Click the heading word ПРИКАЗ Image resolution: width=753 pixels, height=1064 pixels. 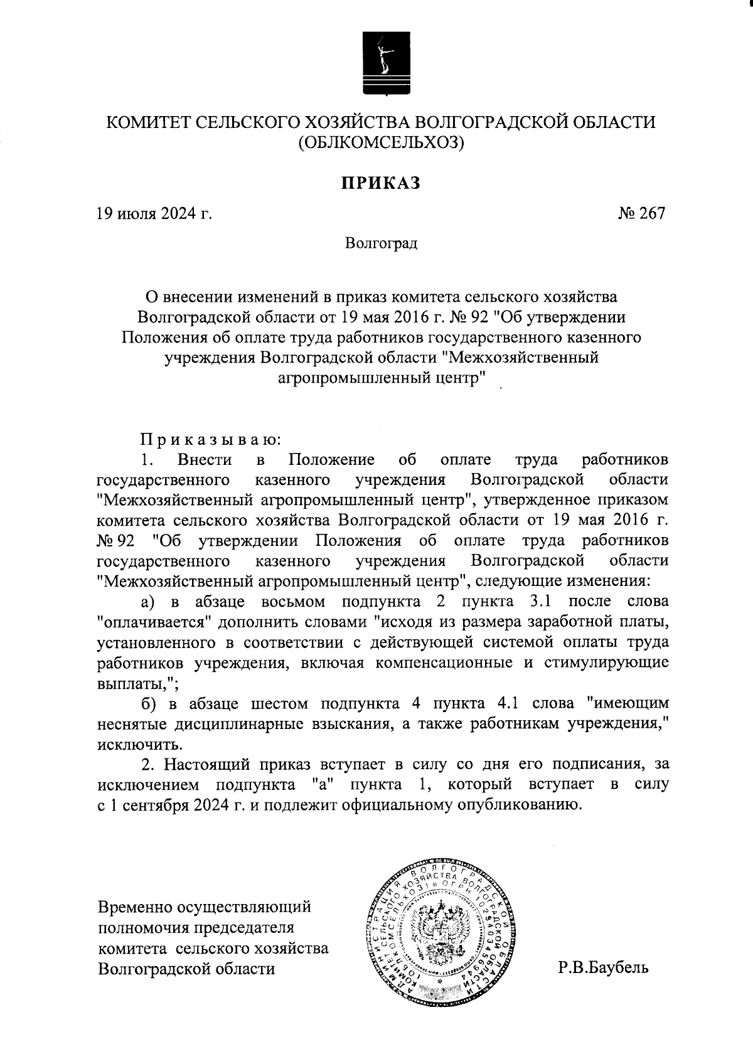[380, 183]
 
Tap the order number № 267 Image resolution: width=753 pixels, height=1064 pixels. [641, 213]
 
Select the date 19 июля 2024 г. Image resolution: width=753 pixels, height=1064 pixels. [154, 214]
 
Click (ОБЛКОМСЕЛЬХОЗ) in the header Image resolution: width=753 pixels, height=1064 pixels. [381, 143]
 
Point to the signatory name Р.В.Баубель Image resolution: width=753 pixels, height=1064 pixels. [604, 967]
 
